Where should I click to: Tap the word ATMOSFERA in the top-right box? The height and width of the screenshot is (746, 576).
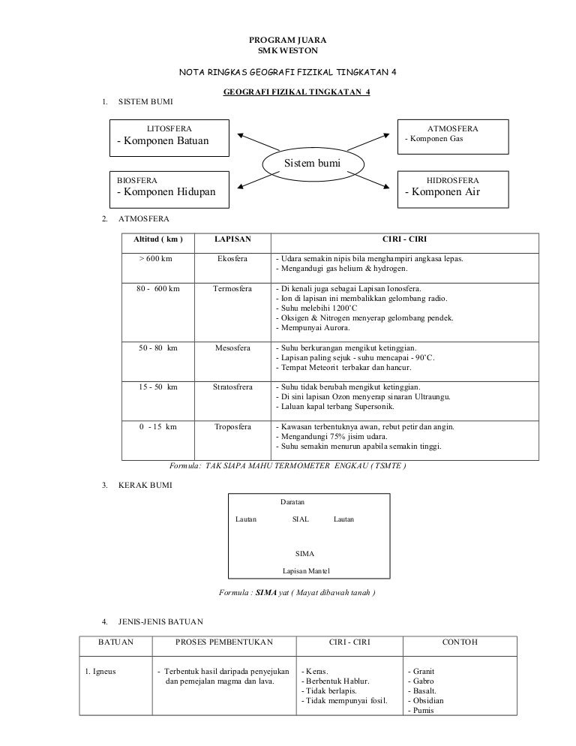[x=452, y=128]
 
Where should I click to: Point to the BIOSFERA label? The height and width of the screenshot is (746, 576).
[x=136, y=180]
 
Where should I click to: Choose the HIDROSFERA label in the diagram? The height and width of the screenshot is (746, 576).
[x=452, y=180]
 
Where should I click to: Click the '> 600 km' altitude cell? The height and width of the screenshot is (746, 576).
[x=156, y=259]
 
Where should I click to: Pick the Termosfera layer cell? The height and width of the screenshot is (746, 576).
[x=232, y=288]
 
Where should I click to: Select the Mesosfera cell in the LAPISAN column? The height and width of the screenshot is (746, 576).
[x=232, y=348]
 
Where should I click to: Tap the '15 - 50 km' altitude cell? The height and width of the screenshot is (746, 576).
[x=158, y=387]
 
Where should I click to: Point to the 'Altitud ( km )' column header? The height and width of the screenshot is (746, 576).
[x=157, y=239]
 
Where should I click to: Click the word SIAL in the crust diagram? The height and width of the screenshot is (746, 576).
[x=300, y=519]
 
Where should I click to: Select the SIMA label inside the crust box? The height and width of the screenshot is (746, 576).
[x=305, y=554]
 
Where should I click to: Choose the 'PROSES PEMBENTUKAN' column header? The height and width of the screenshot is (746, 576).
[x=224, y=642]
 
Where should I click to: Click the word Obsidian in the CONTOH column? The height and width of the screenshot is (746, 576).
[x=424, y=700]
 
